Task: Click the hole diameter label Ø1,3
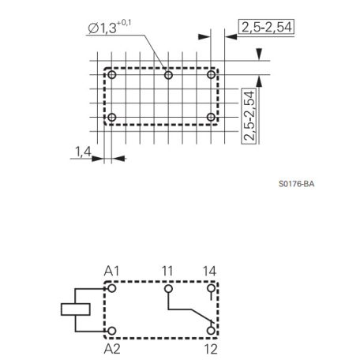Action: click(102, 28)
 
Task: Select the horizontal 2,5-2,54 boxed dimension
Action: click(266, 27)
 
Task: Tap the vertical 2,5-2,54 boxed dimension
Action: click(249, 116)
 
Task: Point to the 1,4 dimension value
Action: click(83, 152)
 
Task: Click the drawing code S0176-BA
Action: click(296, 184)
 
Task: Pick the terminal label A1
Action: click(111, 271)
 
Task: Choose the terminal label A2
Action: click(112, 349)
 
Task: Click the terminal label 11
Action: click(167, 271)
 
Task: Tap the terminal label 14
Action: click(209, 271)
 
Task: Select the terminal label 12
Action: click(211, 349)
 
